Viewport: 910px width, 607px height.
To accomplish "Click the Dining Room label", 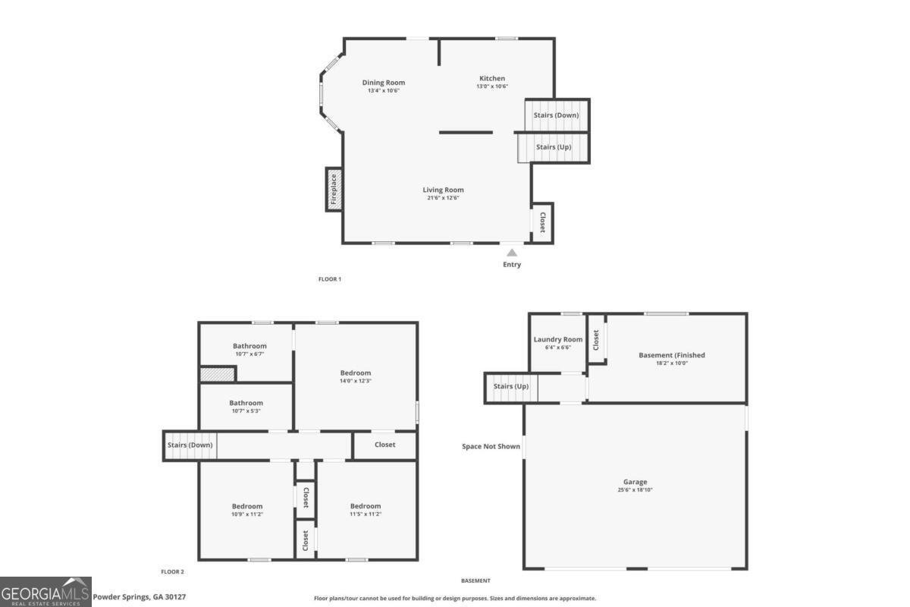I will coord(383,83).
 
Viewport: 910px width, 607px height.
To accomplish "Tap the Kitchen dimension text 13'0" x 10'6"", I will coord(491,86).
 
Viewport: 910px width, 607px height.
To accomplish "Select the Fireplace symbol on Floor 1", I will coord(334,189).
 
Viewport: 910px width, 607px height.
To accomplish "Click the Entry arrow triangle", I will coord(512,253).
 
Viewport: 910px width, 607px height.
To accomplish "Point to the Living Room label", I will coord(443,190).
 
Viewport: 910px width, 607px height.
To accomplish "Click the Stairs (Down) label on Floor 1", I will coord(556,115).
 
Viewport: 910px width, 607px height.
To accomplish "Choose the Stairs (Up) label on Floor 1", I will coord(554,147).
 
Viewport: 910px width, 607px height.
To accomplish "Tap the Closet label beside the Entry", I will coord(542,222).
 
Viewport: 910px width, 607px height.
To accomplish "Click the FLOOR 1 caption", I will coord(330,279).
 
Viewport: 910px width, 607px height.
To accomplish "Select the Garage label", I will coord(635,482).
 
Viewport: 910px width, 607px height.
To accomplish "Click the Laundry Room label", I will coord(557,339).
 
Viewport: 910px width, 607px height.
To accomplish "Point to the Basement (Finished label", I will coord(672,355).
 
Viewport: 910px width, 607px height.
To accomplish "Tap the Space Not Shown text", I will coord(491,446).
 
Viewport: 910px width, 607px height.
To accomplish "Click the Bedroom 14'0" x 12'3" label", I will coord(355,373).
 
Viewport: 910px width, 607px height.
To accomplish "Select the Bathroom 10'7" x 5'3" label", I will coord(246,403).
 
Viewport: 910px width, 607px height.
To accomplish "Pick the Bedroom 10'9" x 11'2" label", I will coord(247,506).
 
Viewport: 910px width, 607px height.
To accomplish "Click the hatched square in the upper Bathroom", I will coord(218,374).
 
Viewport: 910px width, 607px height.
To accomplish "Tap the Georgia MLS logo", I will coord(45,592).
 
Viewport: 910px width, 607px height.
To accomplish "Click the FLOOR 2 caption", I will coord(172,572).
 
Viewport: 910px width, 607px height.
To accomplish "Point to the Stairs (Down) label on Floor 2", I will coord(190,445).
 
